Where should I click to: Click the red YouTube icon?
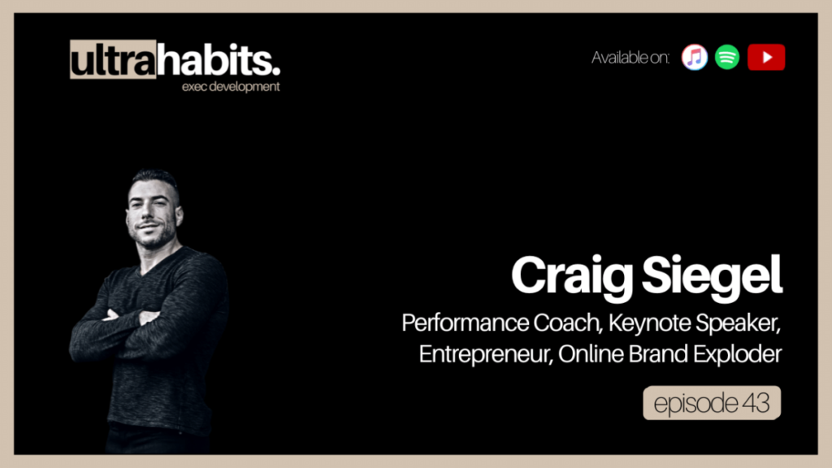[766, 58]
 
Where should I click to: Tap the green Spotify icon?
[727, 58]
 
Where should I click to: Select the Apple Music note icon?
[695, 58]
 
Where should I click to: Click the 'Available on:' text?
[630, 58]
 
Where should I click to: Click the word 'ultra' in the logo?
[113, 59]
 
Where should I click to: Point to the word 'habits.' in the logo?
[219, 59]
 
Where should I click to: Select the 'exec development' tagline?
[231, 86]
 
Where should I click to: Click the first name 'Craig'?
[572, 276]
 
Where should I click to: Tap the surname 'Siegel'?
[712, 276]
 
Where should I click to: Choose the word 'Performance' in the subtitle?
[465, 323]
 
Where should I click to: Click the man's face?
[153, 212]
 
